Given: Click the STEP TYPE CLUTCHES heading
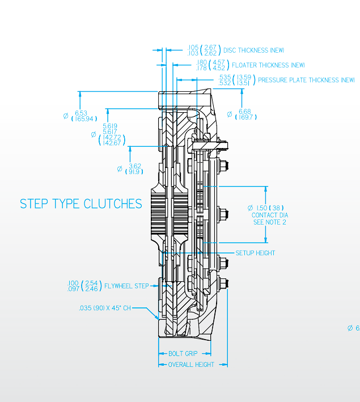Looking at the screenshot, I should tap(81, 204).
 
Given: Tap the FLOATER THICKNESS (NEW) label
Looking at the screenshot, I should tap(268, 65).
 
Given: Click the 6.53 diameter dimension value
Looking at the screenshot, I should tap(81, 113).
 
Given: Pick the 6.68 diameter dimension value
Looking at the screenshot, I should tap(245, 111).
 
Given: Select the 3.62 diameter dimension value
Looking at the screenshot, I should tap(135, 166).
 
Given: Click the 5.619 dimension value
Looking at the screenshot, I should tap(110, 126).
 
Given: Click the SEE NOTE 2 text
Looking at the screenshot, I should tap(269, 222).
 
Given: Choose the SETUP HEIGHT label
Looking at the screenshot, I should tap(255, 253).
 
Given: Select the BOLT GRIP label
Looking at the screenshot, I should tap(183, 353).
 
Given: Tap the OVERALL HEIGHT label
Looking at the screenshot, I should tap(191, 365).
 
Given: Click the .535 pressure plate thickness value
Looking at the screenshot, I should tap(225, 77).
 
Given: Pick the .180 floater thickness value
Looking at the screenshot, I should tap(201, 62).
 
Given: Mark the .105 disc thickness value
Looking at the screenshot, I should tap(193, 47).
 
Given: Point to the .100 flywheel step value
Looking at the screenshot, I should tap(73, 282).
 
